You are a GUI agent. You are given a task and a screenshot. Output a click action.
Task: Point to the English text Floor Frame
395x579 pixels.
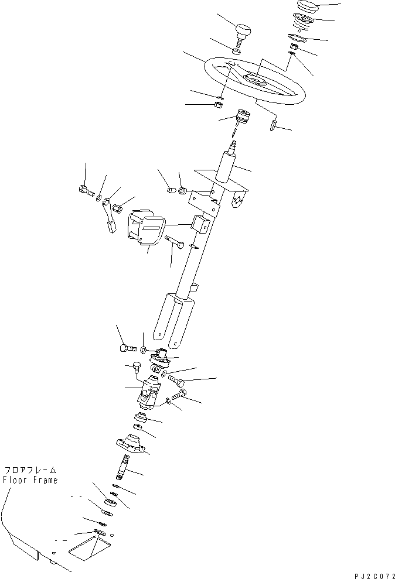(31, 480)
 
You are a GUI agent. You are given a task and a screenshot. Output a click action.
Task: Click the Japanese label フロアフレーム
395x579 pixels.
(31, 470)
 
